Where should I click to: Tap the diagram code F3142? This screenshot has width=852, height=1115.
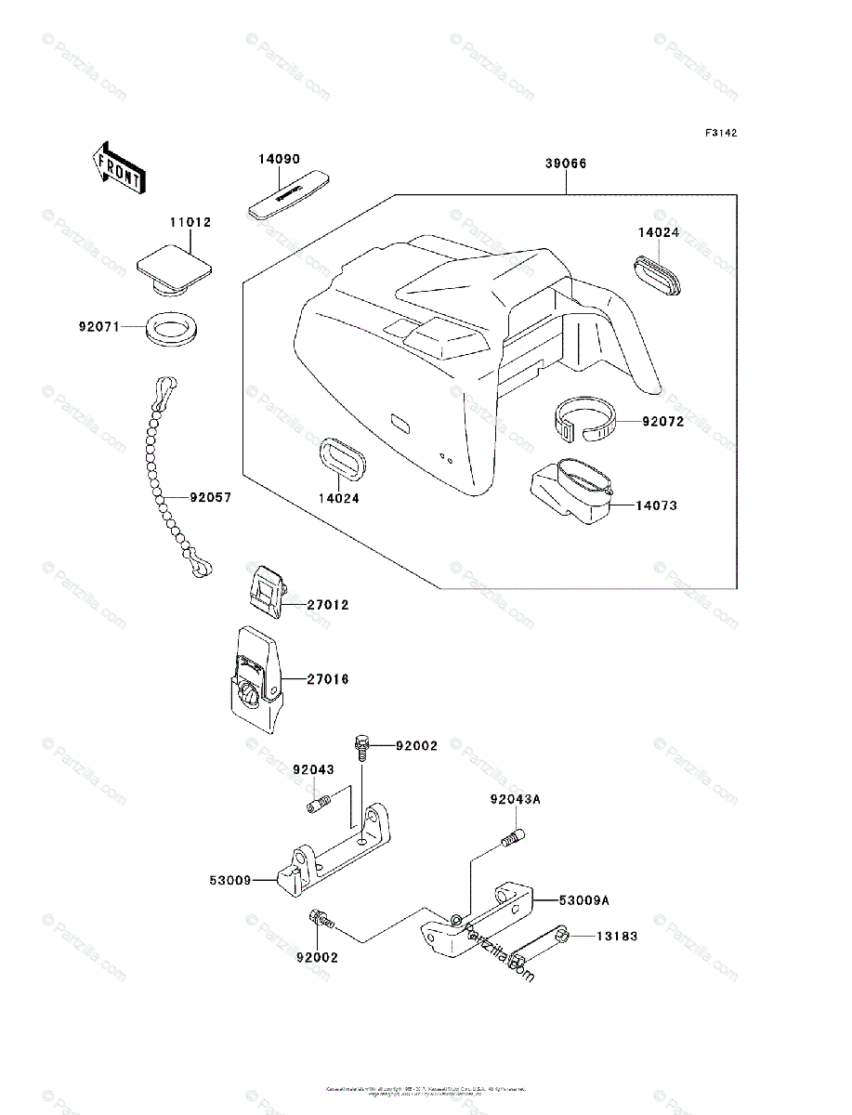click(720, 134)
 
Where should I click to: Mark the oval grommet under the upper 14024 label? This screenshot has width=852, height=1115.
click(659, 277)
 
